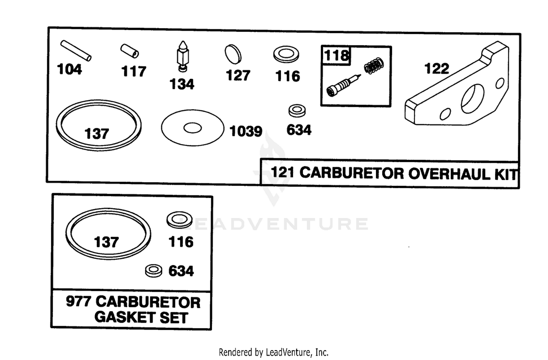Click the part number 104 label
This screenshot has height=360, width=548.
click(69, 69)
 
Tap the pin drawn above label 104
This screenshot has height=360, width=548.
click(76, 51)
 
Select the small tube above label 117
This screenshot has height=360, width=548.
click(130, 51)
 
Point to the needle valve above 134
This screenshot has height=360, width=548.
click(183, 56)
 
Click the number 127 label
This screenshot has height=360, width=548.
click(238, 75)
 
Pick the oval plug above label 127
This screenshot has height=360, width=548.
click(233, 54)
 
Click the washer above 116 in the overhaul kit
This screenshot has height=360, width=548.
click(286, 54)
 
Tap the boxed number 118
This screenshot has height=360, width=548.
click(336, 55)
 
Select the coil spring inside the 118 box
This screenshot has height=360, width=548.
click(374, 65)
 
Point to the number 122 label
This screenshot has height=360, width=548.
click(437, 69)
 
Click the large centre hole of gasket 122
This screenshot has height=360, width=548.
click(472, 99)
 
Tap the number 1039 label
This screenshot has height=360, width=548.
click(246, 131)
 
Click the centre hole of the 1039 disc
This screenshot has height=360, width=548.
click(193, 128)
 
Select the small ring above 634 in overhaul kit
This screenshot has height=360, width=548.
click(297, 111)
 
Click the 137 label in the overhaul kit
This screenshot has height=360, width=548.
click(97, 134)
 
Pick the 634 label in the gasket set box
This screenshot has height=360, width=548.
click(181, 271)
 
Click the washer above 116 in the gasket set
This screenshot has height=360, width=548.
click(179, 220)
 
